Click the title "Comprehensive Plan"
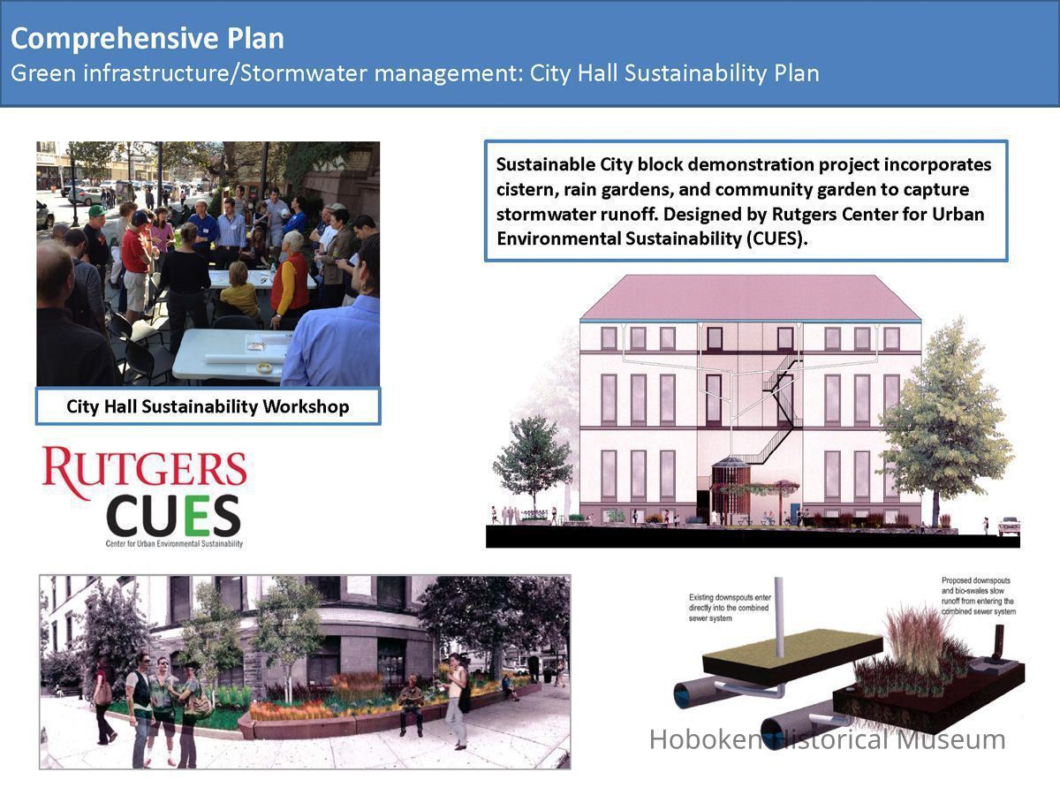148,40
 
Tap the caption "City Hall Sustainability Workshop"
208,406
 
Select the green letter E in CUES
197,516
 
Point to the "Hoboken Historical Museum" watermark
827,740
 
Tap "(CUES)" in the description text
776,238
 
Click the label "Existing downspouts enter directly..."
730,608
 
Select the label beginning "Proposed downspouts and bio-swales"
979,596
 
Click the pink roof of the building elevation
751,298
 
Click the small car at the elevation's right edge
1009,526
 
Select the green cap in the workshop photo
97,211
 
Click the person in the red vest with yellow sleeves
289,280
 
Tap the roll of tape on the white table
263,368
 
